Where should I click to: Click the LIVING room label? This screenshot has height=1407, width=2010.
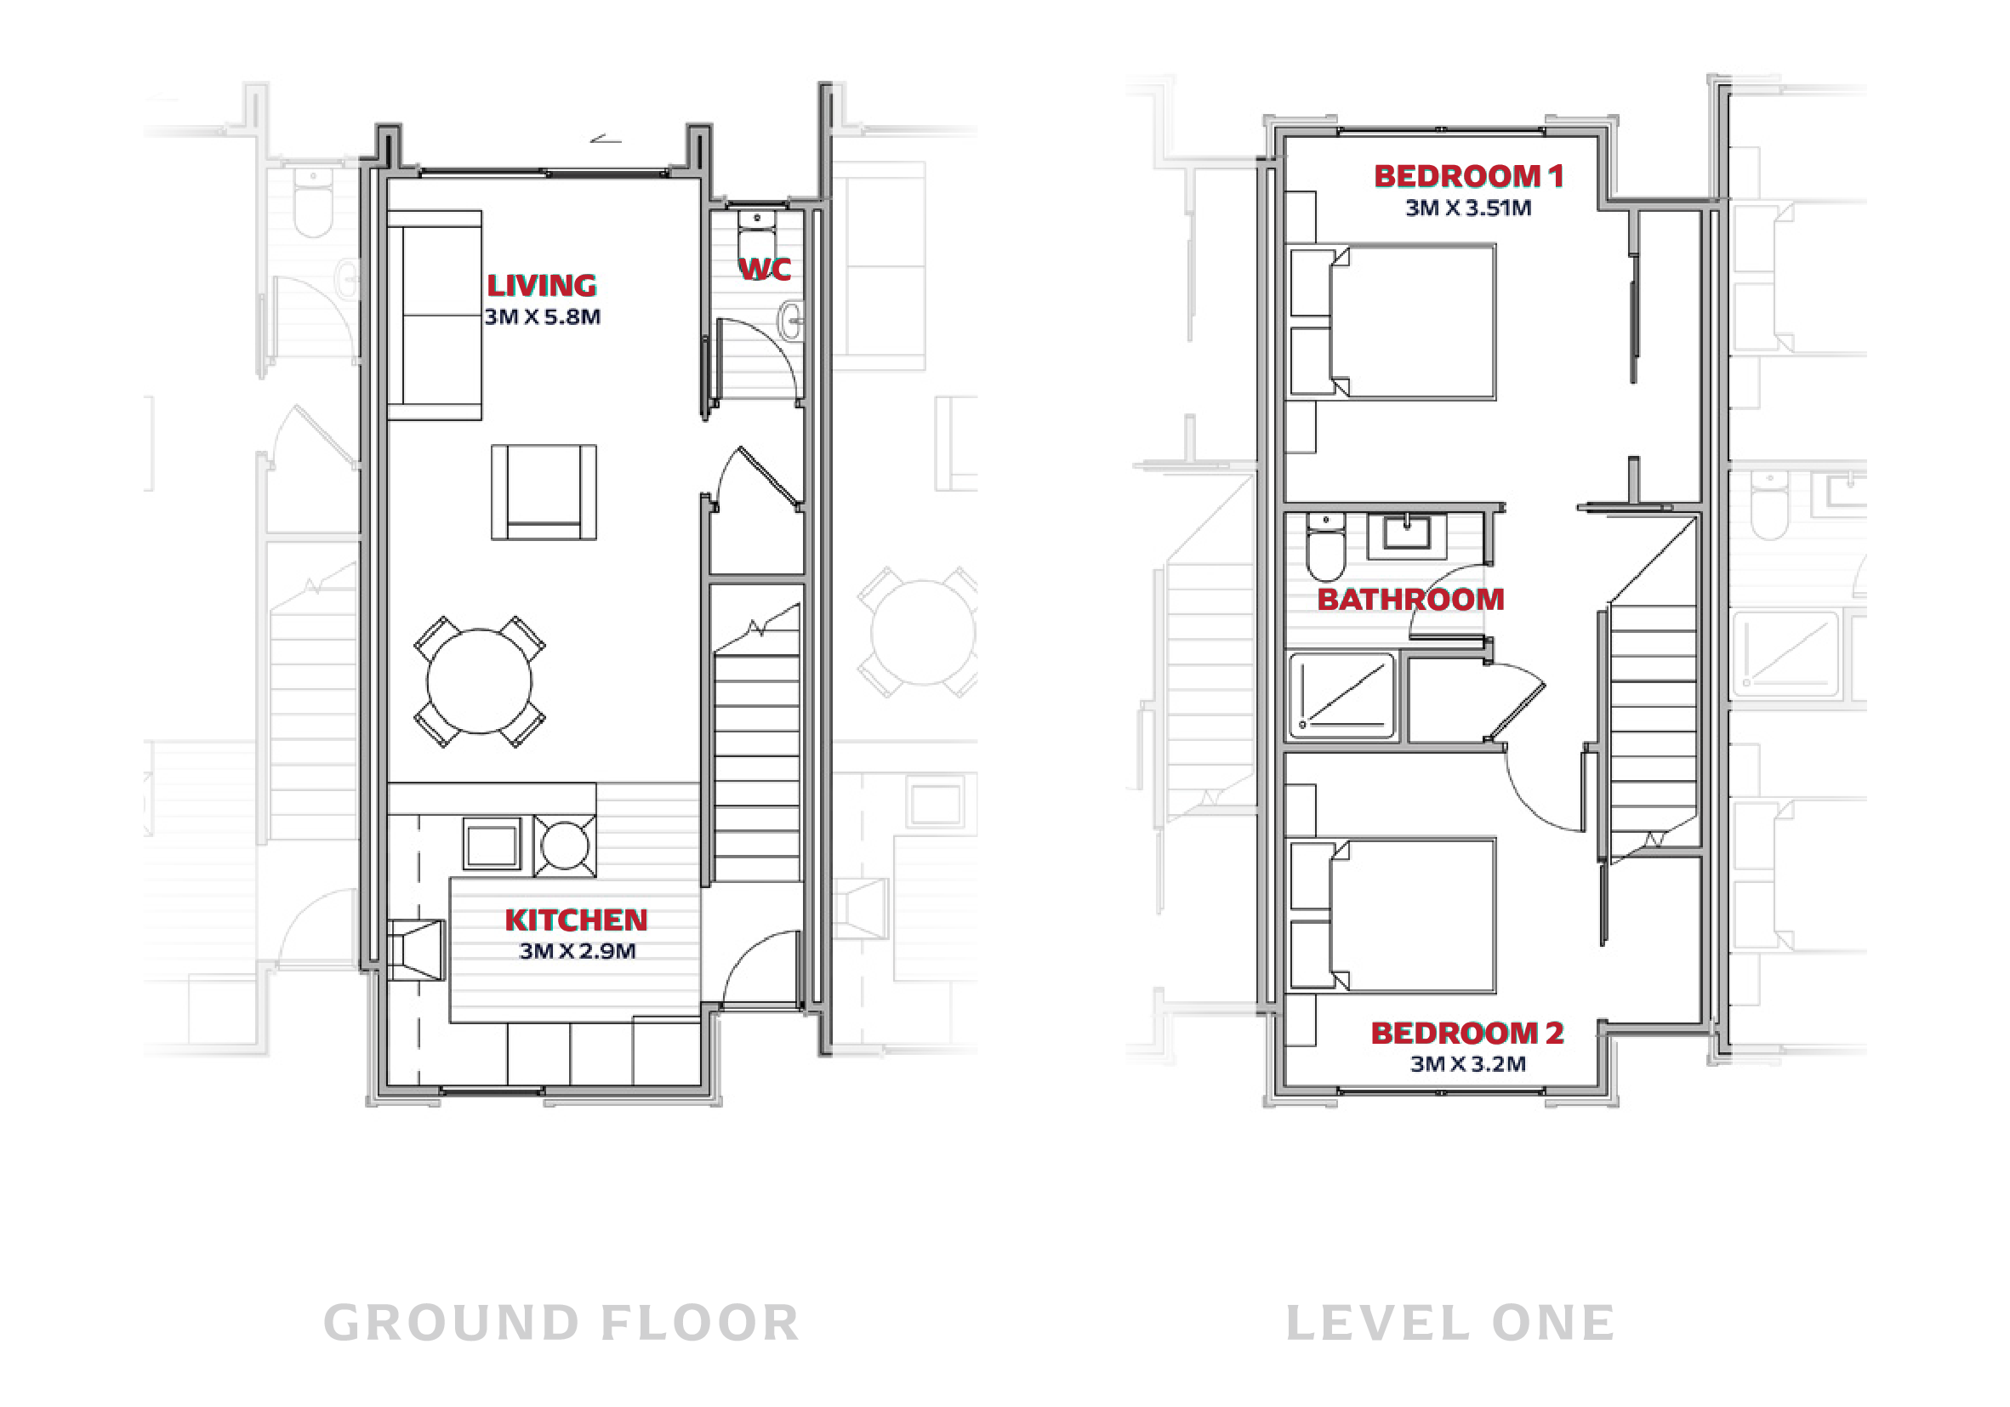(x=542, y=286)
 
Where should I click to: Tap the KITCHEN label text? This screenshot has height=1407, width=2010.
(x=576, y=920)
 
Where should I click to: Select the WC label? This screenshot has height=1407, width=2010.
(x=766, y=269)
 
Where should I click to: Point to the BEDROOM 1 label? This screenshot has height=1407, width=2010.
(x=1469, y=176)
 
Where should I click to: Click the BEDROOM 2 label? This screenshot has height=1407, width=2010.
(x=1467, y=1034)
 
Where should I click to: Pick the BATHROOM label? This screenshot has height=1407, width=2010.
(x=1410, y=600)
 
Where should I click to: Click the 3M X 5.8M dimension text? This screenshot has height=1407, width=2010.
(x=543, y=317)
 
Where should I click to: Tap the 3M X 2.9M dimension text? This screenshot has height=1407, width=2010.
(x=577, y=951)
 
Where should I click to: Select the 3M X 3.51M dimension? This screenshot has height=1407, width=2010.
(x=1468, y=208)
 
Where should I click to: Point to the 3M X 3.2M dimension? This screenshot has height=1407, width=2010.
(x=1468, y=1064)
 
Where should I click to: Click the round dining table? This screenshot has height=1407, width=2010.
(x=479, y=681)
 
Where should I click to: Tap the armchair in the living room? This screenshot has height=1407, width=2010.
(x=544, y=492)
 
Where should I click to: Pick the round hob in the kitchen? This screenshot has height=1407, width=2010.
(x=566, y=846)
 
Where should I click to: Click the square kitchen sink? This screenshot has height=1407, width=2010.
(x=492, y=846)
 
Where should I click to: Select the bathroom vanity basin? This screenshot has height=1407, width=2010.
(x=1407, y=535)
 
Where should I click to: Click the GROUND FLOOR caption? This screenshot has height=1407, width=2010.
(x=561, y=1323)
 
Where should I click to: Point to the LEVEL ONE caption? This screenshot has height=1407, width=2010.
(x=1450, y=1323)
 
